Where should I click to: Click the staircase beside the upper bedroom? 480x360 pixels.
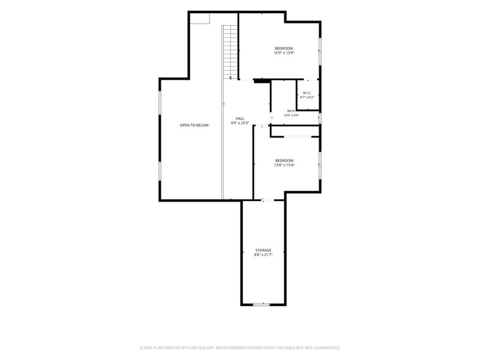click(230, 52)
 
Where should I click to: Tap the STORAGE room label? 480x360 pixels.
click(263, 250)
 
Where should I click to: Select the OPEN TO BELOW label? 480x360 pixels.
click(194, 125)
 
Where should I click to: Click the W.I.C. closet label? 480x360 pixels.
click(307, 93)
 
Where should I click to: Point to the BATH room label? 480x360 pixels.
click(291, 111)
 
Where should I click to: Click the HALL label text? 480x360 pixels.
click(240, 118)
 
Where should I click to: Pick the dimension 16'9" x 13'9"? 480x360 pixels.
click(284, 53)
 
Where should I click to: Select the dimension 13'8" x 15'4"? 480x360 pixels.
click(284, 165)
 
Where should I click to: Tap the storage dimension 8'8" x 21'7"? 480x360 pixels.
click(263, 254)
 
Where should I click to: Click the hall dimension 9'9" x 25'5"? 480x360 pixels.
click(240, 123)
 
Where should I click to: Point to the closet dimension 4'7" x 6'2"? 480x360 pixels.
click(307, 97)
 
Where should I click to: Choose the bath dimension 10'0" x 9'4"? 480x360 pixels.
click(291, 115)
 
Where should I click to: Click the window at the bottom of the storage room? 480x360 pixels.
click(261, 305)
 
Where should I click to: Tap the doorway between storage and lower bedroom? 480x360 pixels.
click(268, 200)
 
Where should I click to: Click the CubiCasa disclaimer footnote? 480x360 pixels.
click(239, 348)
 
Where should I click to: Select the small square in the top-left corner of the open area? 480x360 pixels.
click(200, 19)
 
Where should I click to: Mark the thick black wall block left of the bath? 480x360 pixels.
click(262, 81)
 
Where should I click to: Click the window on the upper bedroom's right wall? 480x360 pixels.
click(320, 52)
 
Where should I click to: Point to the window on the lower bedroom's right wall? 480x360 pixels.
click(320, 166)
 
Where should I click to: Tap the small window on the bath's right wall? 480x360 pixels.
click(320, 118)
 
